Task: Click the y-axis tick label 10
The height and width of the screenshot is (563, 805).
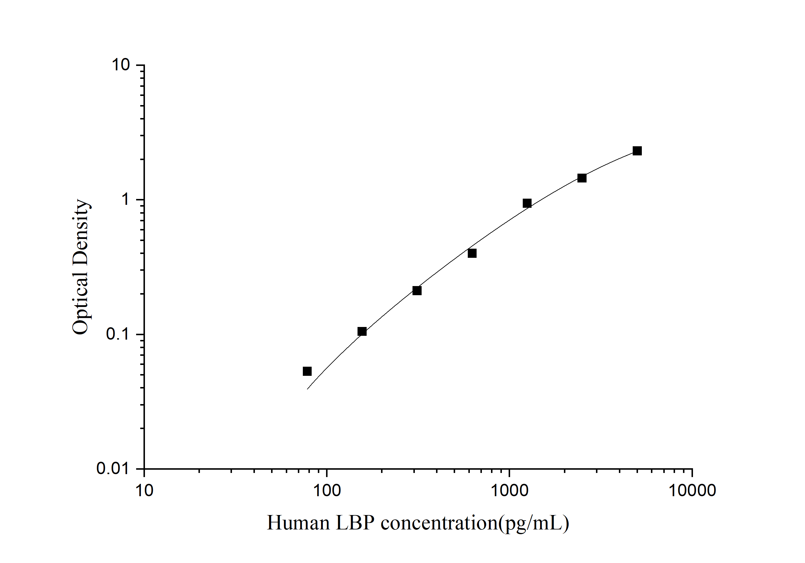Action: (x=121, y=65)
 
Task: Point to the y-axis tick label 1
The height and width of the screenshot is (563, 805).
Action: (x=125, y=200)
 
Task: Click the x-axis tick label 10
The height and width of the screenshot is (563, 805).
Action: (x=144, y=490)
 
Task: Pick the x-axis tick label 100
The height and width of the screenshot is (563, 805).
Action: (x=327, y=490)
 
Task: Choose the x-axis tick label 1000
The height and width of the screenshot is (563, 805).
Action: (x=510, y=490)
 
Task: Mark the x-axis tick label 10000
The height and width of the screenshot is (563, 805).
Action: (x=692, y=490)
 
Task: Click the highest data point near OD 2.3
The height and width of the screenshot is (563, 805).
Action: (x=637, y=151)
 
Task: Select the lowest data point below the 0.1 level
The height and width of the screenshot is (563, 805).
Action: (x=307, y=371)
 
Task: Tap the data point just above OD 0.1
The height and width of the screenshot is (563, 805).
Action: (x=362, y=331)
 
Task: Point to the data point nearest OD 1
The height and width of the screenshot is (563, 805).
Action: (x=527, y=203)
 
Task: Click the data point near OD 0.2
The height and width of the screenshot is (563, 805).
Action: (x=417, y=291)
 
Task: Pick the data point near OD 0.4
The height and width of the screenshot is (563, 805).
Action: (x=472, y=253)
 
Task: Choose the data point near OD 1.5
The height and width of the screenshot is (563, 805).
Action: (x=582, y=178)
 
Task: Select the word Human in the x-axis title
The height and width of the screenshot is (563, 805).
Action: (x=298, y=523)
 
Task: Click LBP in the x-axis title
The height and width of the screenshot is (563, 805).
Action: (x=355, y=523)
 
